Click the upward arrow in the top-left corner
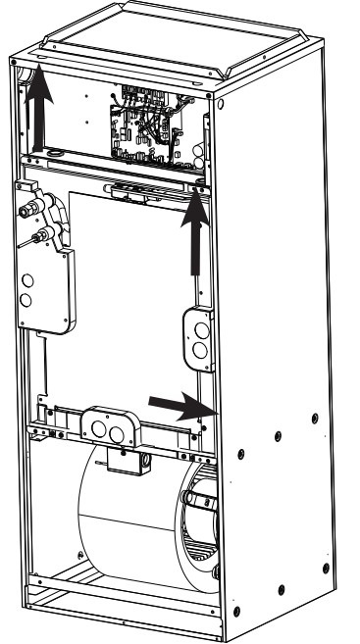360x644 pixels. point(38,109)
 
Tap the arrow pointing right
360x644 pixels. point(177,401)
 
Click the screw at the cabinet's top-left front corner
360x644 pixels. point(14,61)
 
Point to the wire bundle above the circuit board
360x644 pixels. point(147,96)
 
